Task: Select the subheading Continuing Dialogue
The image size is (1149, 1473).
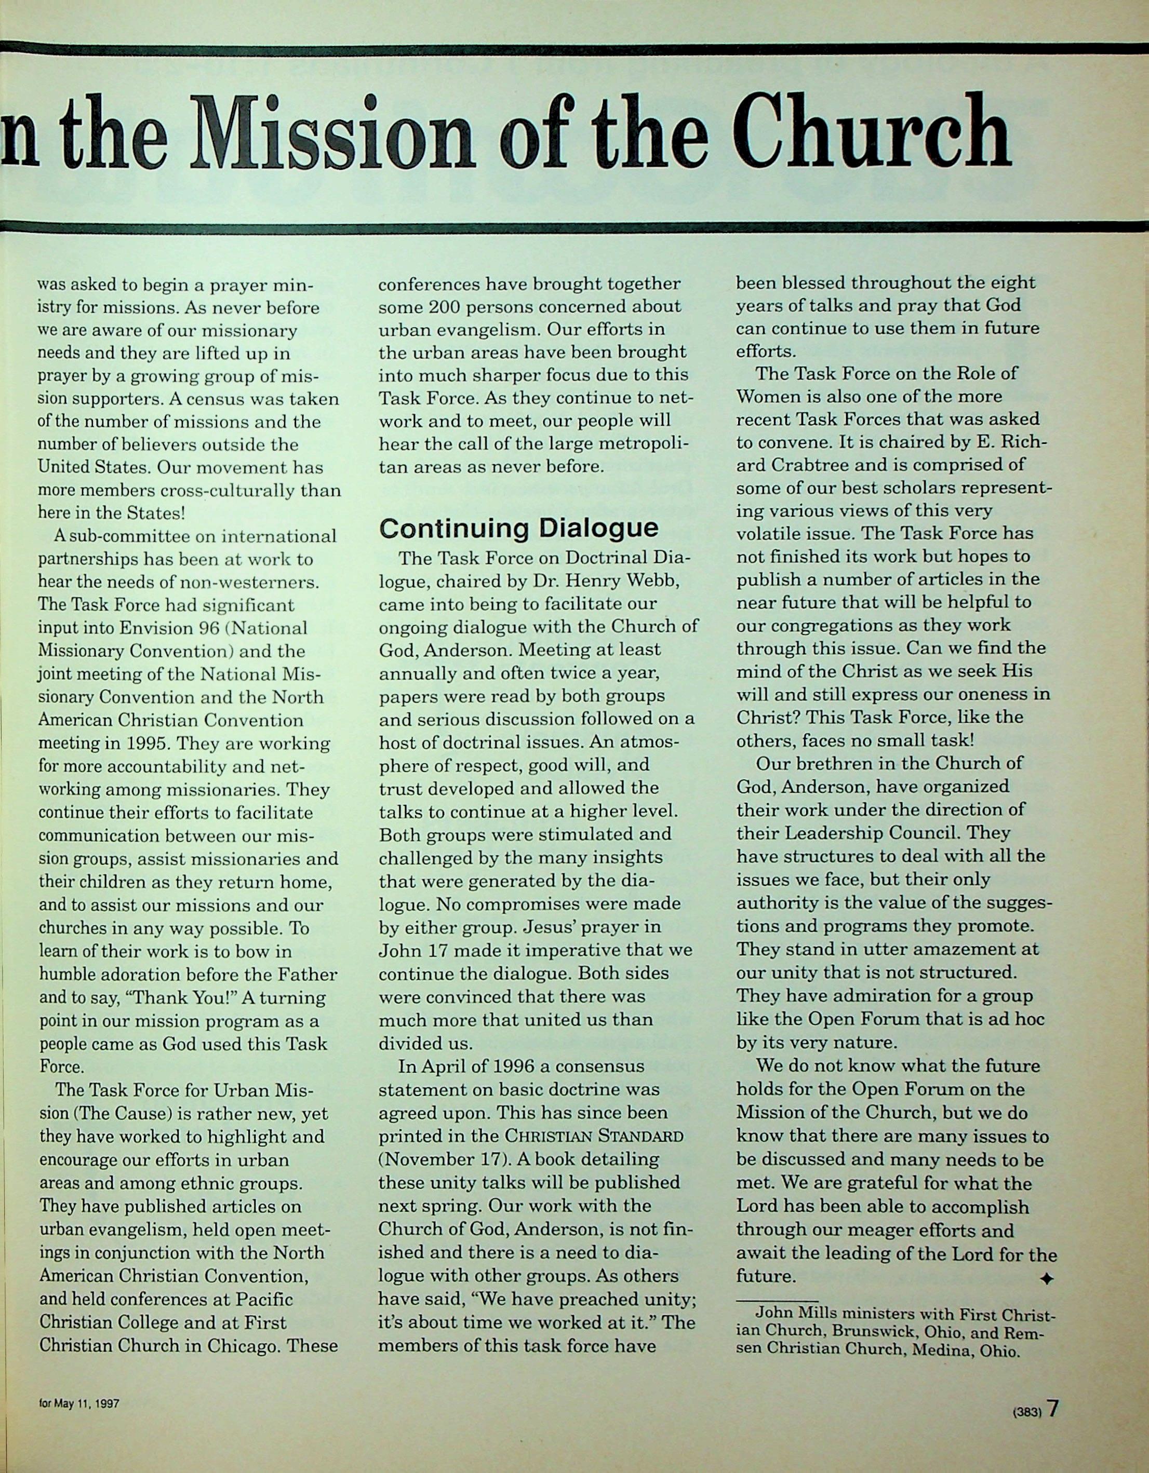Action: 518,528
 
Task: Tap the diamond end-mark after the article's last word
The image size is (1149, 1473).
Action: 1046,1278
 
